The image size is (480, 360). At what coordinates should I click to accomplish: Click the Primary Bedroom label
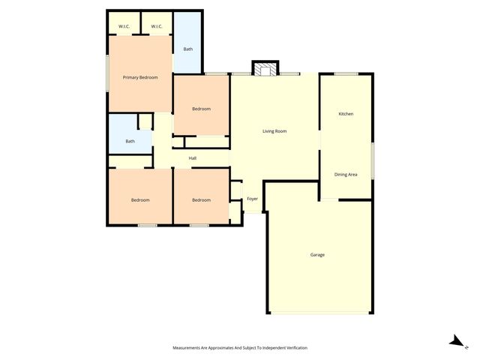140,77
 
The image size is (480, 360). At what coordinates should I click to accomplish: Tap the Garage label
317,255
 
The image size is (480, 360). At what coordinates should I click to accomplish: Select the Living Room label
274,131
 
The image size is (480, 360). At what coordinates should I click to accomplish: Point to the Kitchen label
346,114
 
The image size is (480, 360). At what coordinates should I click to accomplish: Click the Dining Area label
346,175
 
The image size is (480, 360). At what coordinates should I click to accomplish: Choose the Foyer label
253,199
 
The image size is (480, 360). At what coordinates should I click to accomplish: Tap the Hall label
193,158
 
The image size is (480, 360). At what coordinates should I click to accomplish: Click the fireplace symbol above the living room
265,70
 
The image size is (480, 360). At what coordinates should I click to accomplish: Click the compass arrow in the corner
456,341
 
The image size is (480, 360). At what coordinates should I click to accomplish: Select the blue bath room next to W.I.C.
188,49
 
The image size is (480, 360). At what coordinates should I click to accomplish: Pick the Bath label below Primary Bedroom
130,141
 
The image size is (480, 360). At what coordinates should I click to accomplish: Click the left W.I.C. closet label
124,27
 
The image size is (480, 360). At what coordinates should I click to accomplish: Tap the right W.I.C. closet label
157,27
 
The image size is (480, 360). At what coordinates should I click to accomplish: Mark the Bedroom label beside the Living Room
201,109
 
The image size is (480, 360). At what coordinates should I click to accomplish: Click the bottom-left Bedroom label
140,199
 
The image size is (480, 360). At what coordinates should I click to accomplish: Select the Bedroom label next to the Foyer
201,199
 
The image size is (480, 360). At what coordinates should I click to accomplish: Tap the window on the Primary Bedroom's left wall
107,74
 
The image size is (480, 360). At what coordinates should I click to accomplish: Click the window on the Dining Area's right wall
373,161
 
